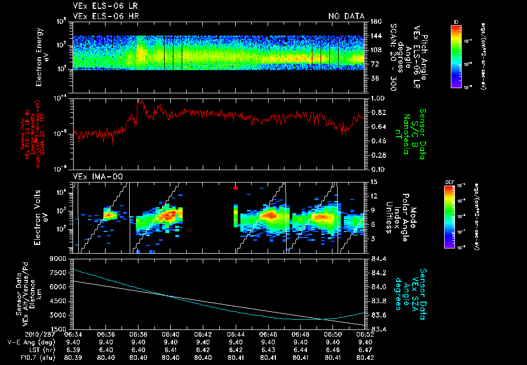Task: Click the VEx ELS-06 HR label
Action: (106, 16)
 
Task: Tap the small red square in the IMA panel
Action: (235, 188)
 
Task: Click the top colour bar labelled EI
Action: (455, 56)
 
